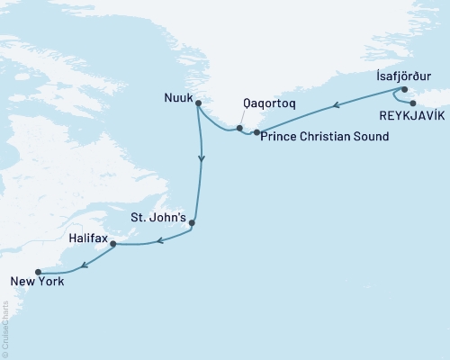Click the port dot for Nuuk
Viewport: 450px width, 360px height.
[198, 103]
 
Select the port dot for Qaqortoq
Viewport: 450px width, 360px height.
[239, 128]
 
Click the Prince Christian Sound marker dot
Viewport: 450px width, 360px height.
[257, 133]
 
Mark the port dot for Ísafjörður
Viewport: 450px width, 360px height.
[404, 89]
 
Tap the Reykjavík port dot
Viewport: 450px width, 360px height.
[413, 103]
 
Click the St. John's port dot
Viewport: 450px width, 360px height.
[192, 222]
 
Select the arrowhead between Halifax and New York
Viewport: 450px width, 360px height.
[84, 264]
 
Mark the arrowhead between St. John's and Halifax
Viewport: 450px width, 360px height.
[158, 240]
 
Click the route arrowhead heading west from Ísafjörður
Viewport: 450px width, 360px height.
[337, 105]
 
